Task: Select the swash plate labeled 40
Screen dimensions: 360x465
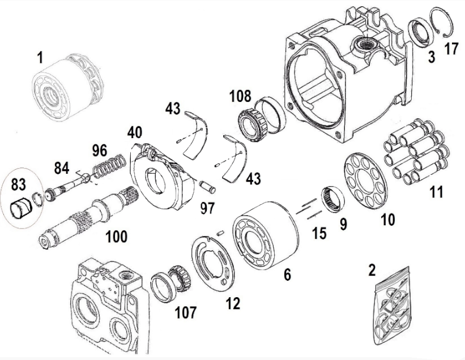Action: [x=159, y=178]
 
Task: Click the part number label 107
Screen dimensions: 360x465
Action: [x=186, y=311]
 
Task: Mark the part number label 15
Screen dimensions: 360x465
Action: [x=319, y=232]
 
